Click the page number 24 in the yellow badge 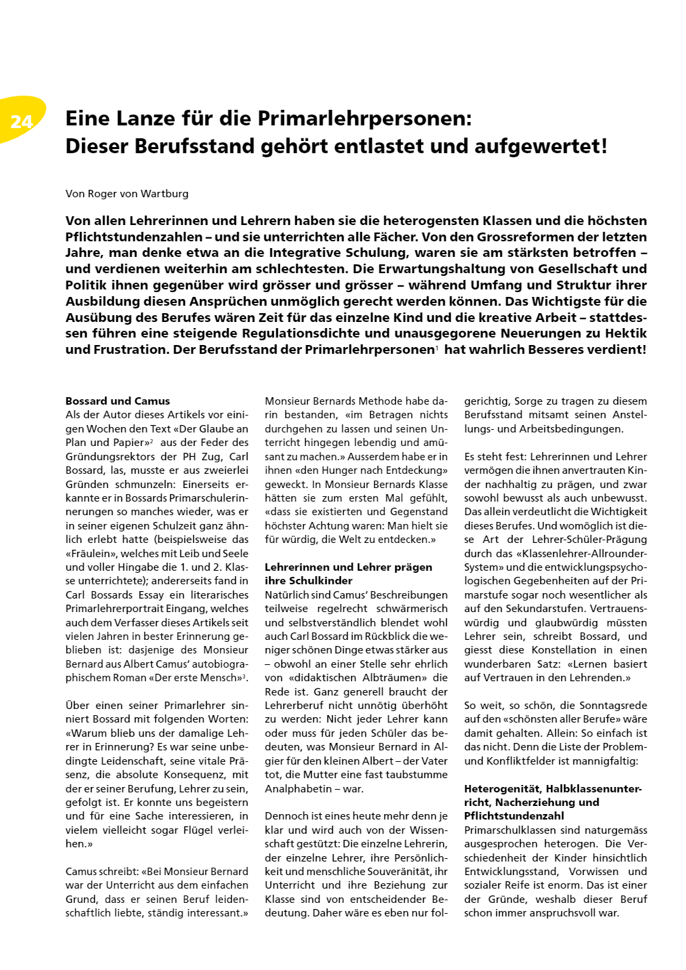(22, 121)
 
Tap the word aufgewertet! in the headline (540, 146)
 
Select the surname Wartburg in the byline (165, 194)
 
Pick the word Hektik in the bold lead (622, 334)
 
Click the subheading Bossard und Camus (117, 401)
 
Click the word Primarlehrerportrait (119, 609)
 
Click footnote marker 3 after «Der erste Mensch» (245, 676)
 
